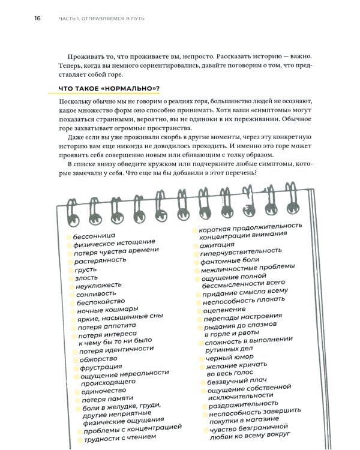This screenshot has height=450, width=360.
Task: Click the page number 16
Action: click(x=37, y=19)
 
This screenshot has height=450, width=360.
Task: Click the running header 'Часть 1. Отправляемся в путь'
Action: click(x=101, y=19)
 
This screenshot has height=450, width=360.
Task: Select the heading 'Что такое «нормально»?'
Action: click(x=109, y=89)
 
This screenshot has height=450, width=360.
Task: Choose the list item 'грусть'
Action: click(x=86, y=270)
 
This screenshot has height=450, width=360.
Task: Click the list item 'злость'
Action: click(x=86, y=278)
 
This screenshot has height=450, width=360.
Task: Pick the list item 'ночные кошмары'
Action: click(x=107, y=310)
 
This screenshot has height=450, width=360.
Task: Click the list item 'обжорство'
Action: click(x=98, y=359)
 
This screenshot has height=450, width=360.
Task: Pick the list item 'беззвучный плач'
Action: click(x=236, y=382)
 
